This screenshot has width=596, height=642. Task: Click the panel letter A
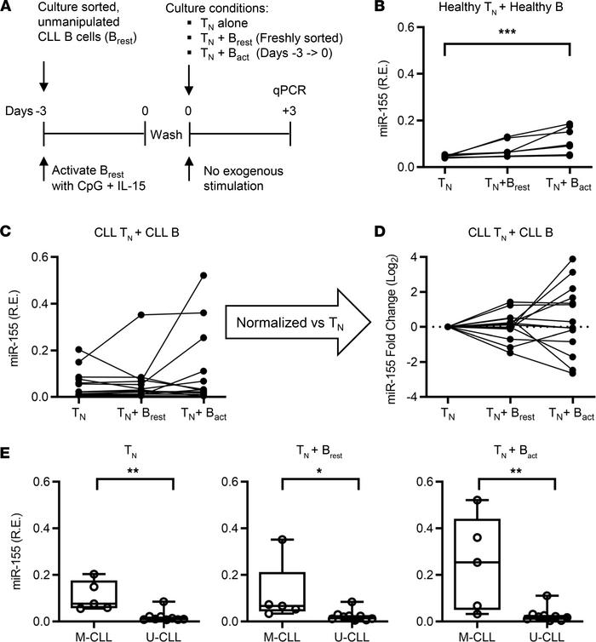9,9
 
